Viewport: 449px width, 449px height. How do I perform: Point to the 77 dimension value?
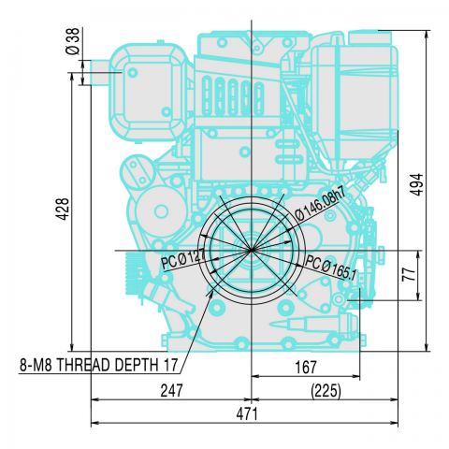407,275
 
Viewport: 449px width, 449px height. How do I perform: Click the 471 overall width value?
245,413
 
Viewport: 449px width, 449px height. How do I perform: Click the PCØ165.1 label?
332,265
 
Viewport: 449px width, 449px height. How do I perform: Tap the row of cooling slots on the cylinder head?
233,94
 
